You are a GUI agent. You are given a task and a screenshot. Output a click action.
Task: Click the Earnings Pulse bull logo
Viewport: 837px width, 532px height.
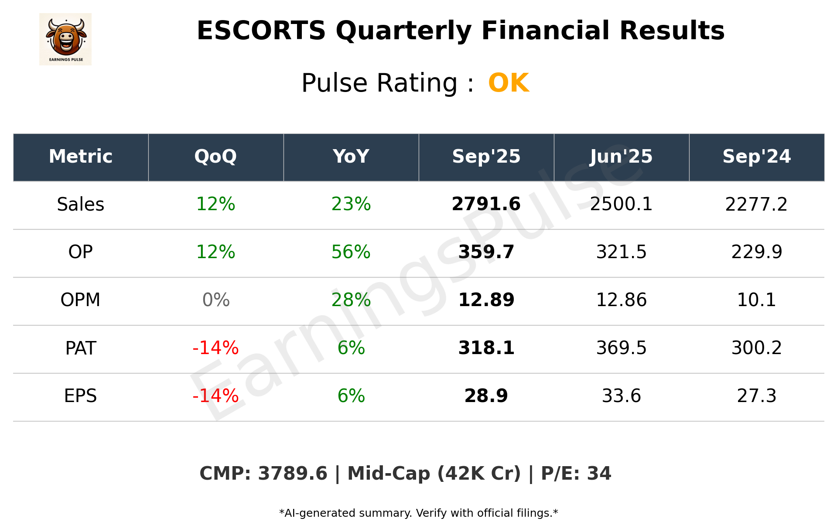tap(65, 39)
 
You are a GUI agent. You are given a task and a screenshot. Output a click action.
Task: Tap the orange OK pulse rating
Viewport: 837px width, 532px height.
tap(509, 83)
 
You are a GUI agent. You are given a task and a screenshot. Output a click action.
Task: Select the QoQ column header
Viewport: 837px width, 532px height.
tap(215, 157)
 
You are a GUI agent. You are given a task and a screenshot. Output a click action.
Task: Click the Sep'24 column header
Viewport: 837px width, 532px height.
tap(756, 157)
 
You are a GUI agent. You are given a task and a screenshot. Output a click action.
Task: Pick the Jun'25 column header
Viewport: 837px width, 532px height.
tap(621, 157)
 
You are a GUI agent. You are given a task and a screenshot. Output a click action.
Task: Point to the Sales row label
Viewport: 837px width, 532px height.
tap(81, 205)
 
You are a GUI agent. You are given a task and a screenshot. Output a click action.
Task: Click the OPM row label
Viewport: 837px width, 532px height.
tap(81, 300)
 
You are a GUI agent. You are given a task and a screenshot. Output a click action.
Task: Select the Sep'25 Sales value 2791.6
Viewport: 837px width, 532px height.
tap(486, 204)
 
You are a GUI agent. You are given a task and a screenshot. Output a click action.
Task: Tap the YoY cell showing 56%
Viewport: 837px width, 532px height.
tap(351, 252)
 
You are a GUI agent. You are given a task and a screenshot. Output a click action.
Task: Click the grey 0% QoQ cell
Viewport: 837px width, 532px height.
tap(216, 300)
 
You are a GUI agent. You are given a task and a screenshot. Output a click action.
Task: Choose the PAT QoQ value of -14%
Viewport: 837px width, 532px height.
tap(215, 348)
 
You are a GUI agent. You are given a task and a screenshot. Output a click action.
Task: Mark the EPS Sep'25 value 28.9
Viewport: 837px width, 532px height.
tap(486, 396)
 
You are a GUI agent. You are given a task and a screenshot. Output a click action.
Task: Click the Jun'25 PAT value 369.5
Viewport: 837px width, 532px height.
tap(621, 348)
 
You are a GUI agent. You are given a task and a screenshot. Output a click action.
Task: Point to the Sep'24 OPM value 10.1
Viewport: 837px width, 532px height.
tap(756, 300)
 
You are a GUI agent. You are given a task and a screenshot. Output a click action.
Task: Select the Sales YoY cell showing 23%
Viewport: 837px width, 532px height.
tap(351, 204)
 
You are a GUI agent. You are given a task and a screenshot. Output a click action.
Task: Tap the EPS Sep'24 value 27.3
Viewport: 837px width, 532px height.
tap(756, 396)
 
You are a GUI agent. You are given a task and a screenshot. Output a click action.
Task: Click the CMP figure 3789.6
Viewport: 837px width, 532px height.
tap(292, 474)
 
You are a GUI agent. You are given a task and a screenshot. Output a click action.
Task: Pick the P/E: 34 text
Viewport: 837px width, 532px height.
tap(576, 474)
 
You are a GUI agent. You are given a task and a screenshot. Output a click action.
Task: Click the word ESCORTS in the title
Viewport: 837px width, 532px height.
tap(261, 31)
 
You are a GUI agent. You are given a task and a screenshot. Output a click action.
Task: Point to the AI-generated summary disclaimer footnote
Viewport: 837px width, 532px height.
tap(418, 513)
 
